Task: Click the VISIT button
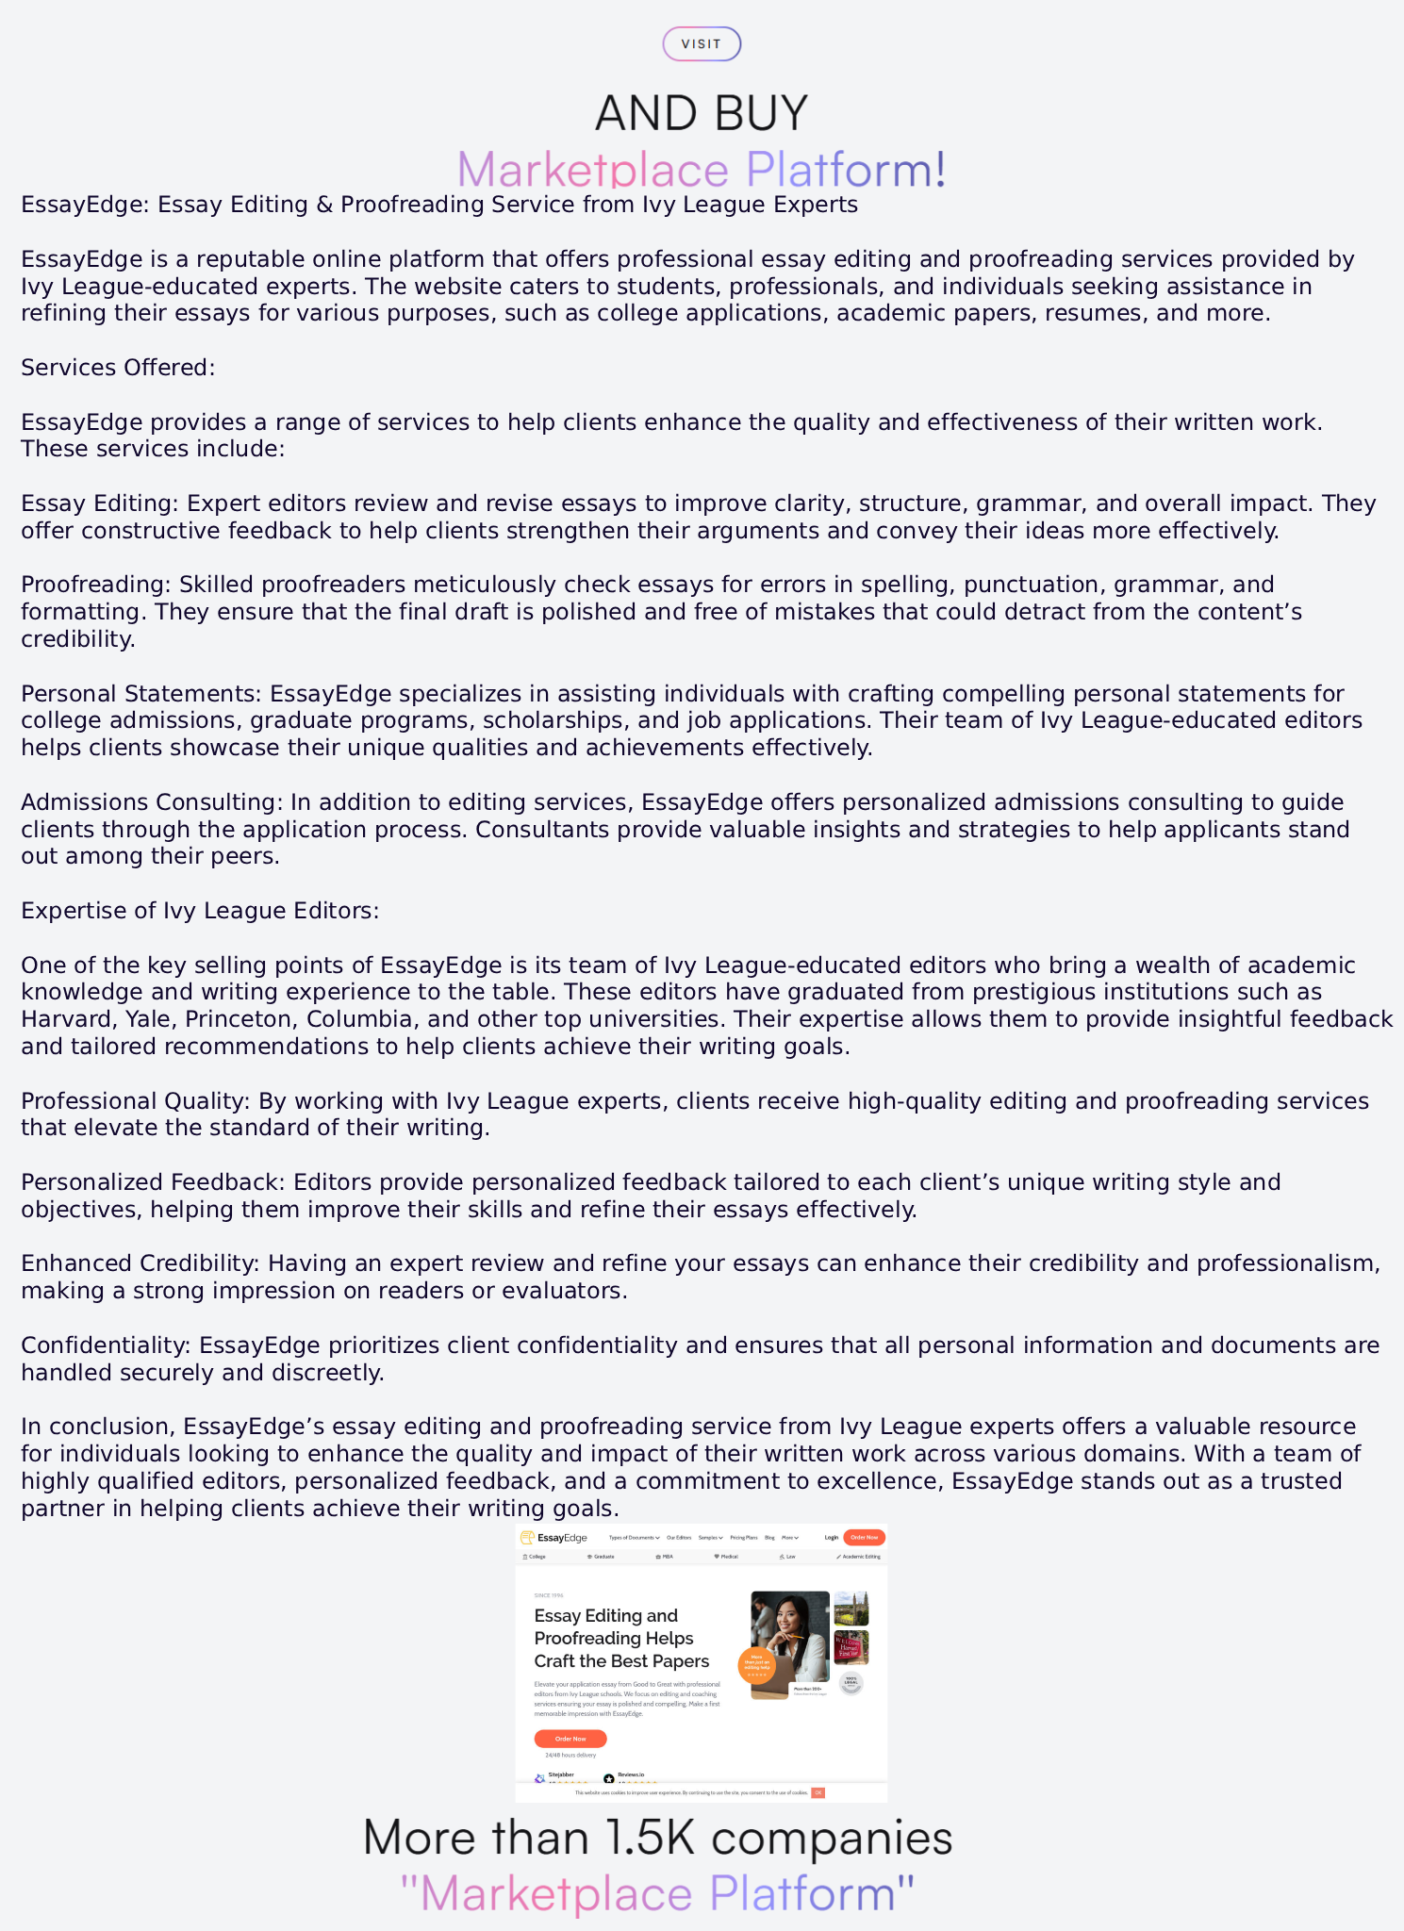[702, 44]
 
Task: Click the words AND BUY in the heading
[702, 113]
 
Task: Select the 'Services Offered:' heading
[118, 368]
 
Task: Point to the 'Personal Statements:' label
[141, 694]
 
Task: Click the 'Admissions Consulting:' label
[152, 802]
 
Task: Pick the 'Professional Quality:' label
[136, 1101]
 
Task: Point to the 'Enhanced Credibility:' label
[140, 1263]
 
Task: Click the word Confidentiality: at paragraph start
[107, 1345]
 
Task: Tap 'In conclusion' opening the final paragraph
[94, 1427]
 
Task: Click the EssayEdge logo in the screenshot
[554, 1538]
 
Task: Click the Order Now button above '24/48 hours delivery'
[570, 1739]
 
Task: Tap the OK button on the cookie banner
[818, 1792]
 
